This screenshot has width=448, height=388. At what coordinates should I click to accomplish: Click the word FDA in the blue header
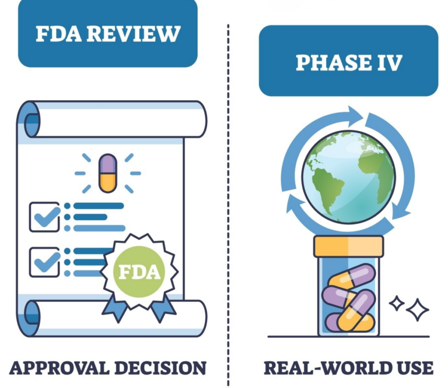click(58, 34)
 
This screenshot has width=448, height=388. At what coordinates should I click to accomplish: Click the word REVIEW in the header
click(134, 34)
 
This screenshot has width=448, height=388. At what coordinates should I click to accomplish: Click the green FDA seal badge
click(139, 271)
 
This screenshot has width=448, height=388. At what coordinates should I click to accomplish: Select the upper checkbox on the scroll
click(44, 217)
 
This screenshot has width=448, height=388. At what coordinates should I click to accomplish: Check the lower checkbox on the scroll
click(44, 262)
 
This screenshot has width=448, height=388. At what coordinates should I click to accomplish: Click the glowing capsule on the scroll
click(108, 173)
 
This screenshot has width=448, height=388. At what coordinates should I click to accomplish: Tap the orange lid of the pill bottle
click(349, 246)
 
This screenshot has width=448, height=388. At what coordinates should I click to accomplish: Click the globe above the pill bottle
click(349, 177)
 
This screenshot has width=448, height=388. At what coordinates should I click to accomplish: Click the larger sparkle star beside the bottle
click(418, 310)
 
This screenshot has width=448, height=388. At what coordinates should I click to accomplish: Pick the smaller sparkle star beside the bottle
click(397, 304)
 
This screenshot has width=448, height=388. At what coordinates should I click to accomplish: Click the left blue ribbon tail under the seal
click(115, 309)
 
